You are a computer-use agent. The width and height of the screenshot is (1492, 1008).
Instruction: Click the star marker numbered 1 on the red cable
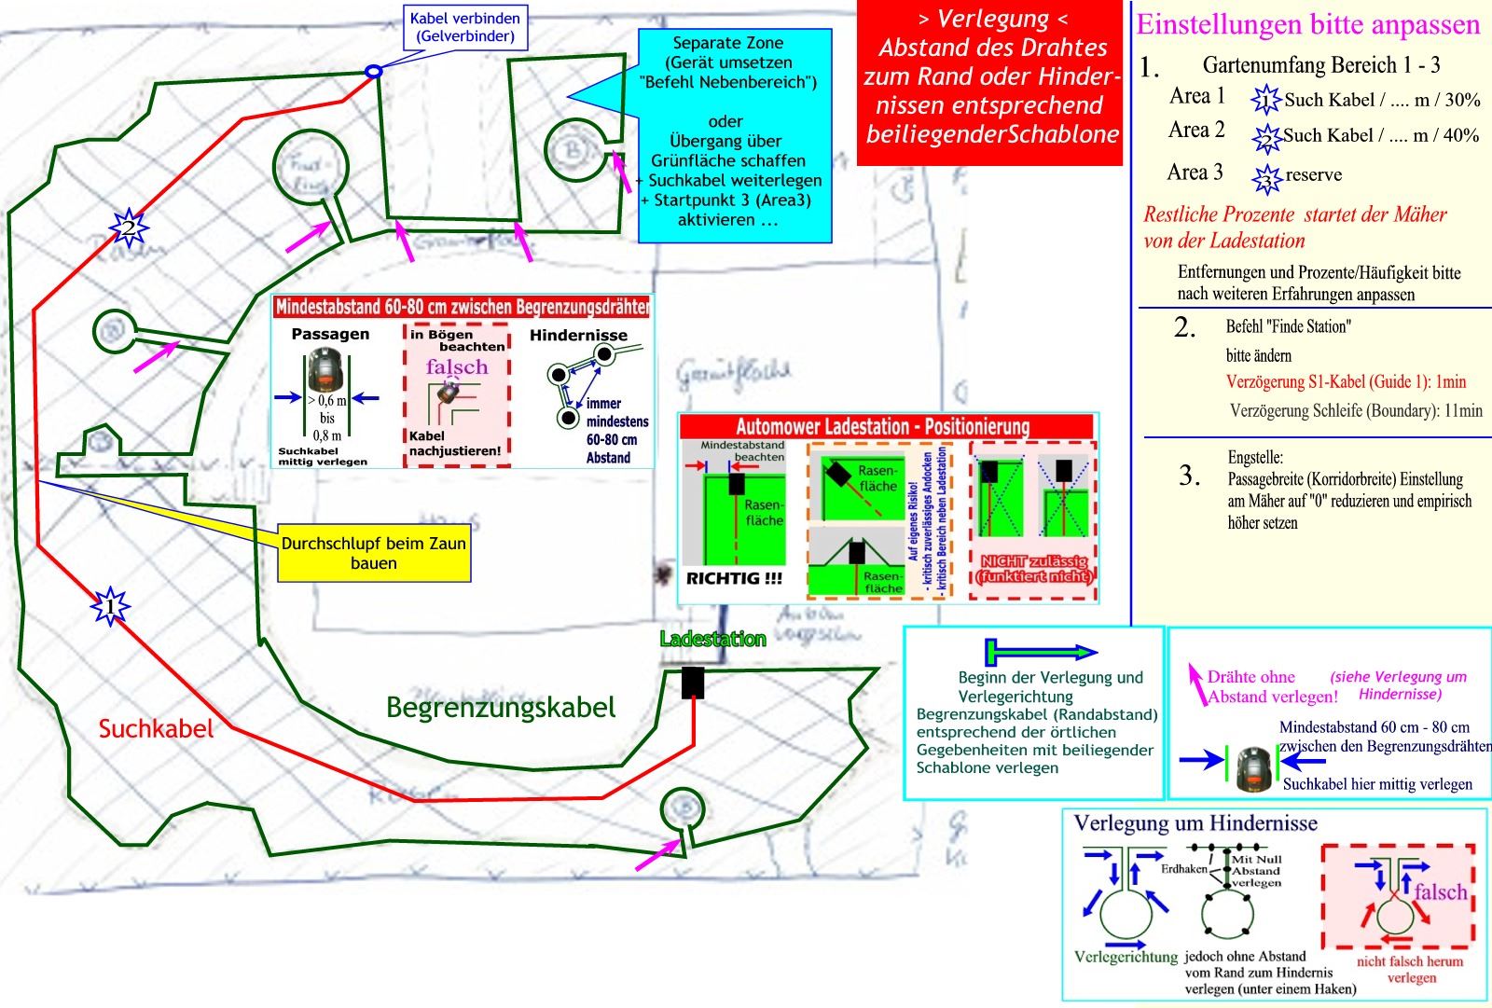pyautogui.click(x=111, y=606)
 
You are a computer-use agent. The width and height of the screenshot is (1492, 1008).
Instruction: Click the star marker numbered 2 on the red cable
pyautogui.click(x=129, y=225)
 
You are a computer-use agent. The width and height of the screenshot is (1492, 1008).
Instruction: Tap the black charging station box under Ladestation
pyautogui.click(x=692, y=683)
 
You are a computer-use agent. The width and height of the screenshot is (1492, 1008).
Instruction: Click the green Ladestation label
pyautogui.click(x=712, y=640)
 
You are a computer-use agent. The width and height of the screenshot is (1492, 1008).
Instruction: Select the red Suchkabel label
pyautogui.click(x=156, y=729)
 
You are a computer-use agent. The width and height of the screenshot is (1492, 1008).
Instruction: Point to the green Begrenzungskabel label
pyautogui.click(x=501, y=708)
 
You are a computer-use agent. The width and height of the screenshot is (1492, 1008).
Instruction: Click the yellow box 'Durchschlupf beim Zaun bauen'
pyautogui.click(x=373, y=553)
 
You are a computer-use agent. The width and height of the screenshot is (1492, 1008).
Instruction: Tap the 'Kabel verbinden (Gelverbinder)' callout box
pyautogui.click(x=464, y=27)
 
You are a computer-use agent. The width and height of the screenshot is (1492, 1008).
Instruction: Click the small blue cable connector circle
pyautogui.click(x=373, y=71)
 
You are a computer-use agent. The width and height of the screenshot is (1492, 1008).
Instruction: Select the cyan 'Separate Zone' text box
pyautogui.click(x=732, y=131)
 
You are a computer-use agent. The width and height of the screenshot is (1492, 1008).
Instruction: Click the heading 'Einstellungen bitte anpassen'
pyautogui.click(x=1308, y=25)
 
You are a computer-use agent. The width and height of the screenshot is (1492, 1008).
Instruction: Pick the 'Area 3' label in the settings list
pyautogui.click(x=1195, y=173)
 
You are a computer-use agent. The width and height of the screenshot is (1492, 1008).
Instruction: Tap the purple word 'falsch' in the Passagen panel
pyautogui.click(x=457, y=367)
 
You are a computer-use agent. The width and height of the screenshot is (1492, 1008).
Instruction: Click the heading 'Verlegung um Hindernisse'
pyautogui.click(x=1195, y=823)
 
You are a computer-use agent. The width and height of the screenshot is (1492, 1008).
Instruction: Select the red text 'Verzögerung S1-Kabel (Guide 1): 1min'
pyautogui.click(x=1346, y=381)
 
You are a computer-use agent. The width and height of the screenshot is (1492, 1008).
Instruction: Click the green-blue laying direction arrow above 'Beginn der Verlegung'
pyautogui.click(x=1042, y=651)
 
